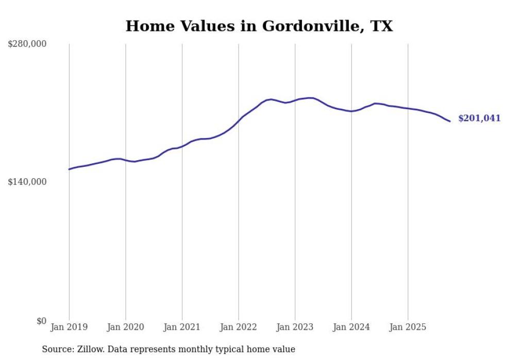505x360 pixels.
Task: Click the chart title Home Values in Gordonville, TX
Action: [259, 26]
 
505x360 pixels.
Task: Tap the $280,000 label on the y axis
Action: [27, 44]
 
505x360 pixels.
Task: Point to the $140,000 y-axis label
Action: [27, 182]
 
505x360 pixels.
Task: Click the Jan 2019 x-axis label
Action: [69, 327]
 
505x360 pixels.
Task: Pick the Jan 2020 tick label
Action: [126, 327]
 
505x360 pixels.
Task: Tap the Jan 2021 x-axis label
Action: [182, 327]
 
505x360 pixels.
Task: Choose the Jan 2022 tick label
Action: [239, 327]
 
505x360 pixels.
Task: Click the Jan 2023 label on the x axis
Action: [295, 327]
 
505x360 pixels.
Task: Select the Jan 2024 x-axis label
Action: [351, 327]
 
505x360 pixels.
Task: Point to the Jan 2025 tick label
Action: [408, 327]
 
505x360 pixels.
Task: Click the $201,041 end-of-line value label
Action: [479, 118]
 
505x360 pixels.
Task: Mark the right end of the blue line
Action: [450, 122]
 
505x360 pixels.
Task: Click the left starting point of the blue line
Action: [69, 169]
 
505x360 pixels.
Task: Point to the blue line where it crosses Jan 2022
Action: [239, 122]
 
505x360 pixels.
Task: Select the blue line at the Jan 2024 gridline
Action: [351, 111]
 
